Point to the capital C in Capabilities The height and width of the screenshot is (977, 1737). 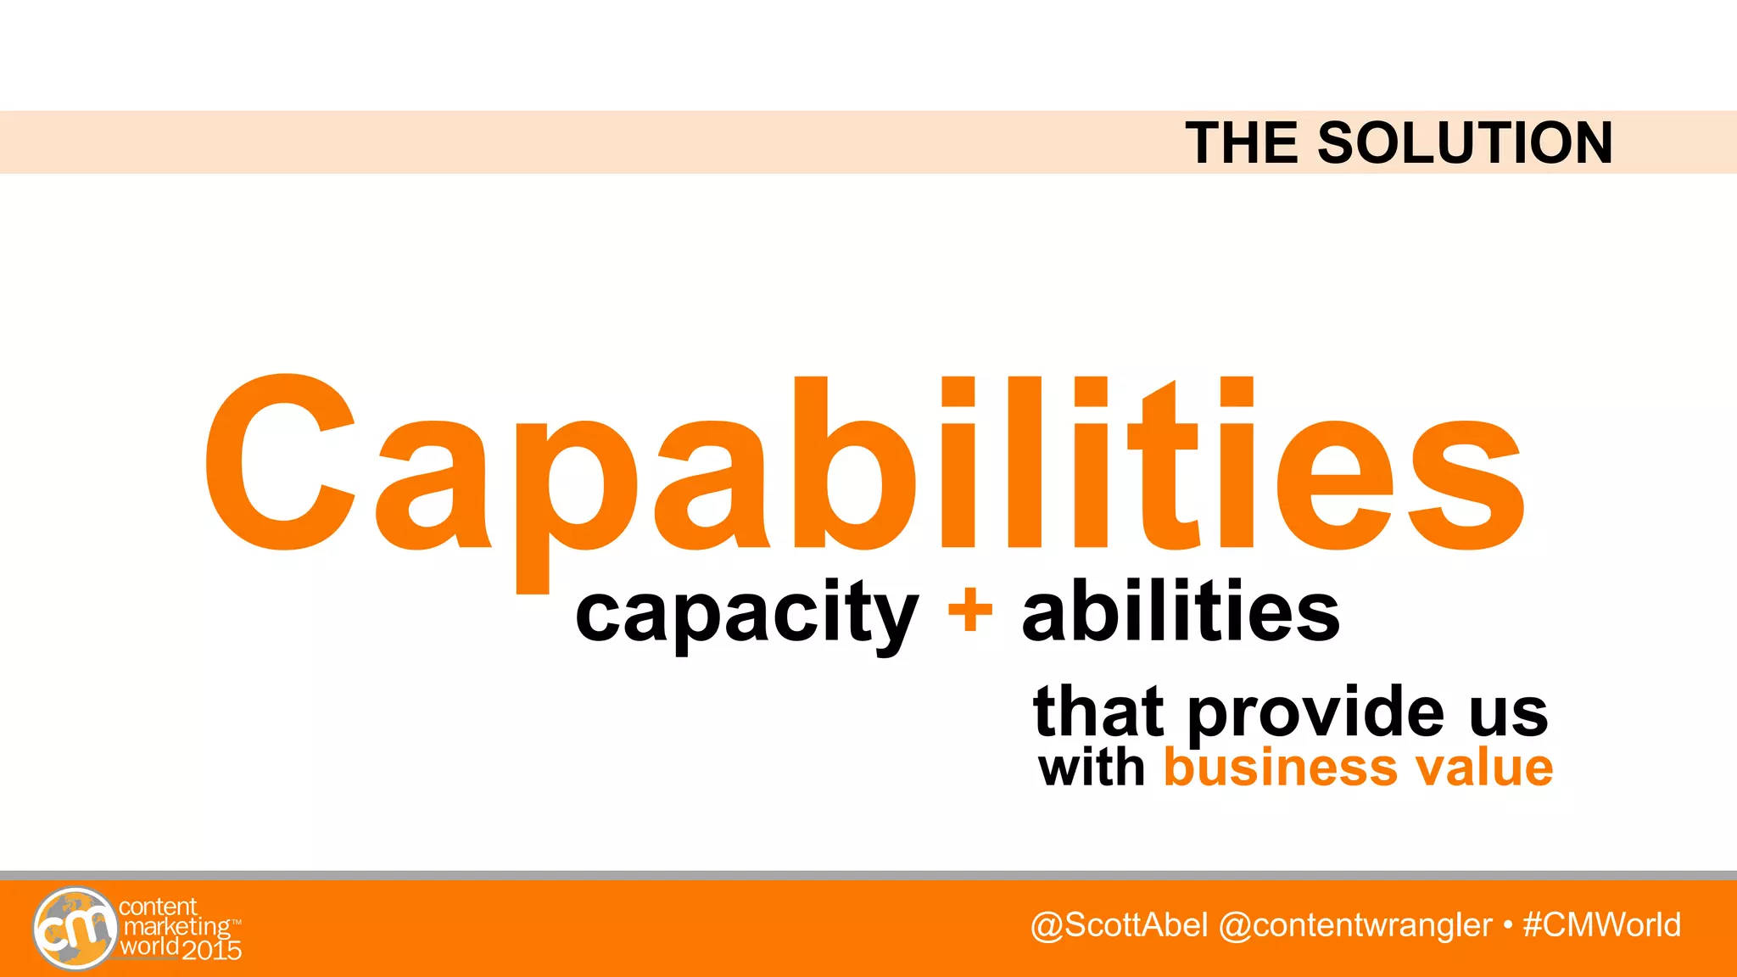click(x=280, y=462)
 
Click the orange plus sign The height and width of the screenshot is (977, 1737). click(x=970, y=611)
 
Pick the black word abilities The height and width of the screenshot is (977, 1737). click(x=1181, y=611)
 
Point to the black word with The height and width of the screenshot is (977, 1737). click(x=1092, y=768)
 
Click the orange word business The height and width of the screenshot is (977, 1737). click(x=1279, y=768)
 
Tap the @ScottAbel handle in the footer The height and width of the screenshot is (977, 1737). click(x=1119, y=925)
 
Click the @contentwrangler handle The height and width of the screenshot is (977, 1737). click(x=1354, y=925)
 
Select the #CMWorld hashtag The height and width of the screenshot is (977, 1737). click(x=1601, y=925)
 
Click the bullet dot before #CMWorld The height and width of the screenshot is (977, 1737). click(x=1507, y=925)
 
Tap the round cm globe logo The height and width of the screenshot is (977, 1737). click(x=75, y=929)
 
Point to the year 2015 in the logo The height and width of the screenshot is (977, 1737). click(x=212, y=951)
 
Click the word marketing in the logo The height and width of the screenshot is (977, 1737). click(x=176, y=928)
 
